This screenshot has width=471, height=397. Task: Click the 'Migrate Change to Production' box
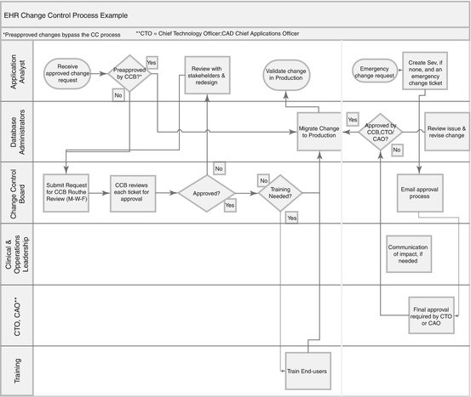[x=319, y=132]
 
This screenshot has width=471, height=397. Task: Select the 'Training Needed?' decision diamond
[x=280, y=193]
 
